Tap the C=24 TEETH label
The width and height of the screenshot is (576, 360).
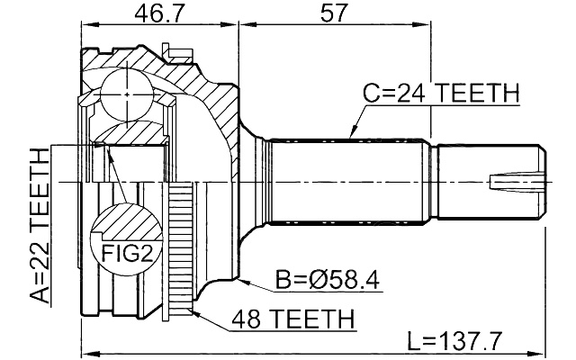click(442, 93)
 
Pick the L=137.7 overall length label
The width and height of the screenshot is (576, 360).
click(454, 341)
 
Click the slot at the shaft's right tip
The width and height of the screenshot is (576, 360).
click(517, 182)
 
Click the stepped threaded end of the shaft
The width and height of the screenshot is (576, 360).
click(490, 181)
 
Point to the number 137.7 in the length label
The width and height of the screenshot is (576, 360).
click(472, 341)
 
